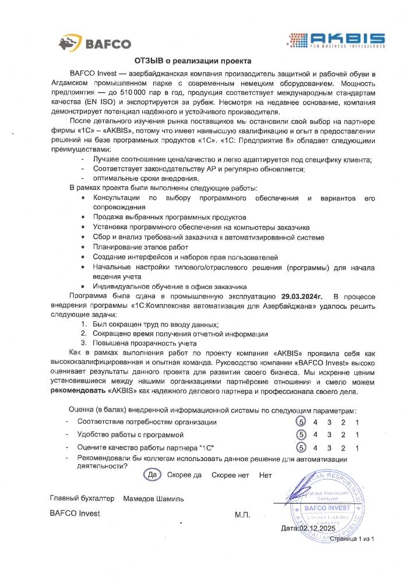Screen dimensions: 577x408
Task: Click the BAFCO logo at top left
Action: click(94, 42)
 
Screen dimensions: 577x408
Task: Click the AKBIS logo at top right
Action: click(339, 39)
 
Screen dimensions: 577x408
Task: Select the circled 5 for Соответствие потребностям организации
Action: click(301, 421)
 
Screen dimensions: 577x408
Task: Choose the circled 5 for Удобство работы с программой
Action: click(301, 435)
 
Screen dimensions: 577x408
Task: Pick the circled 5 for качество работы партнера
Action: click(301, 448)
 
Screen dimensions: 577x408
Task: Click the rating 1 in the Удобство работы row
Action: click(356, 435)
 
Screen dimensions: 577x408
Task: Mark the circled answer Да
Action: click(153, 474)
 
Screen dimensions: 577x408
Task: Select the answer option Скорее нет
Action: click(230, 475)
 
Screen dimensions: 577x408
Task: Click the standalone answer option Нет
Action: click(266, 475)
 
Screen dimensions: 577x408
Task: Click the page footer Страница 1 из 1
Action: click(351, 539)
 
